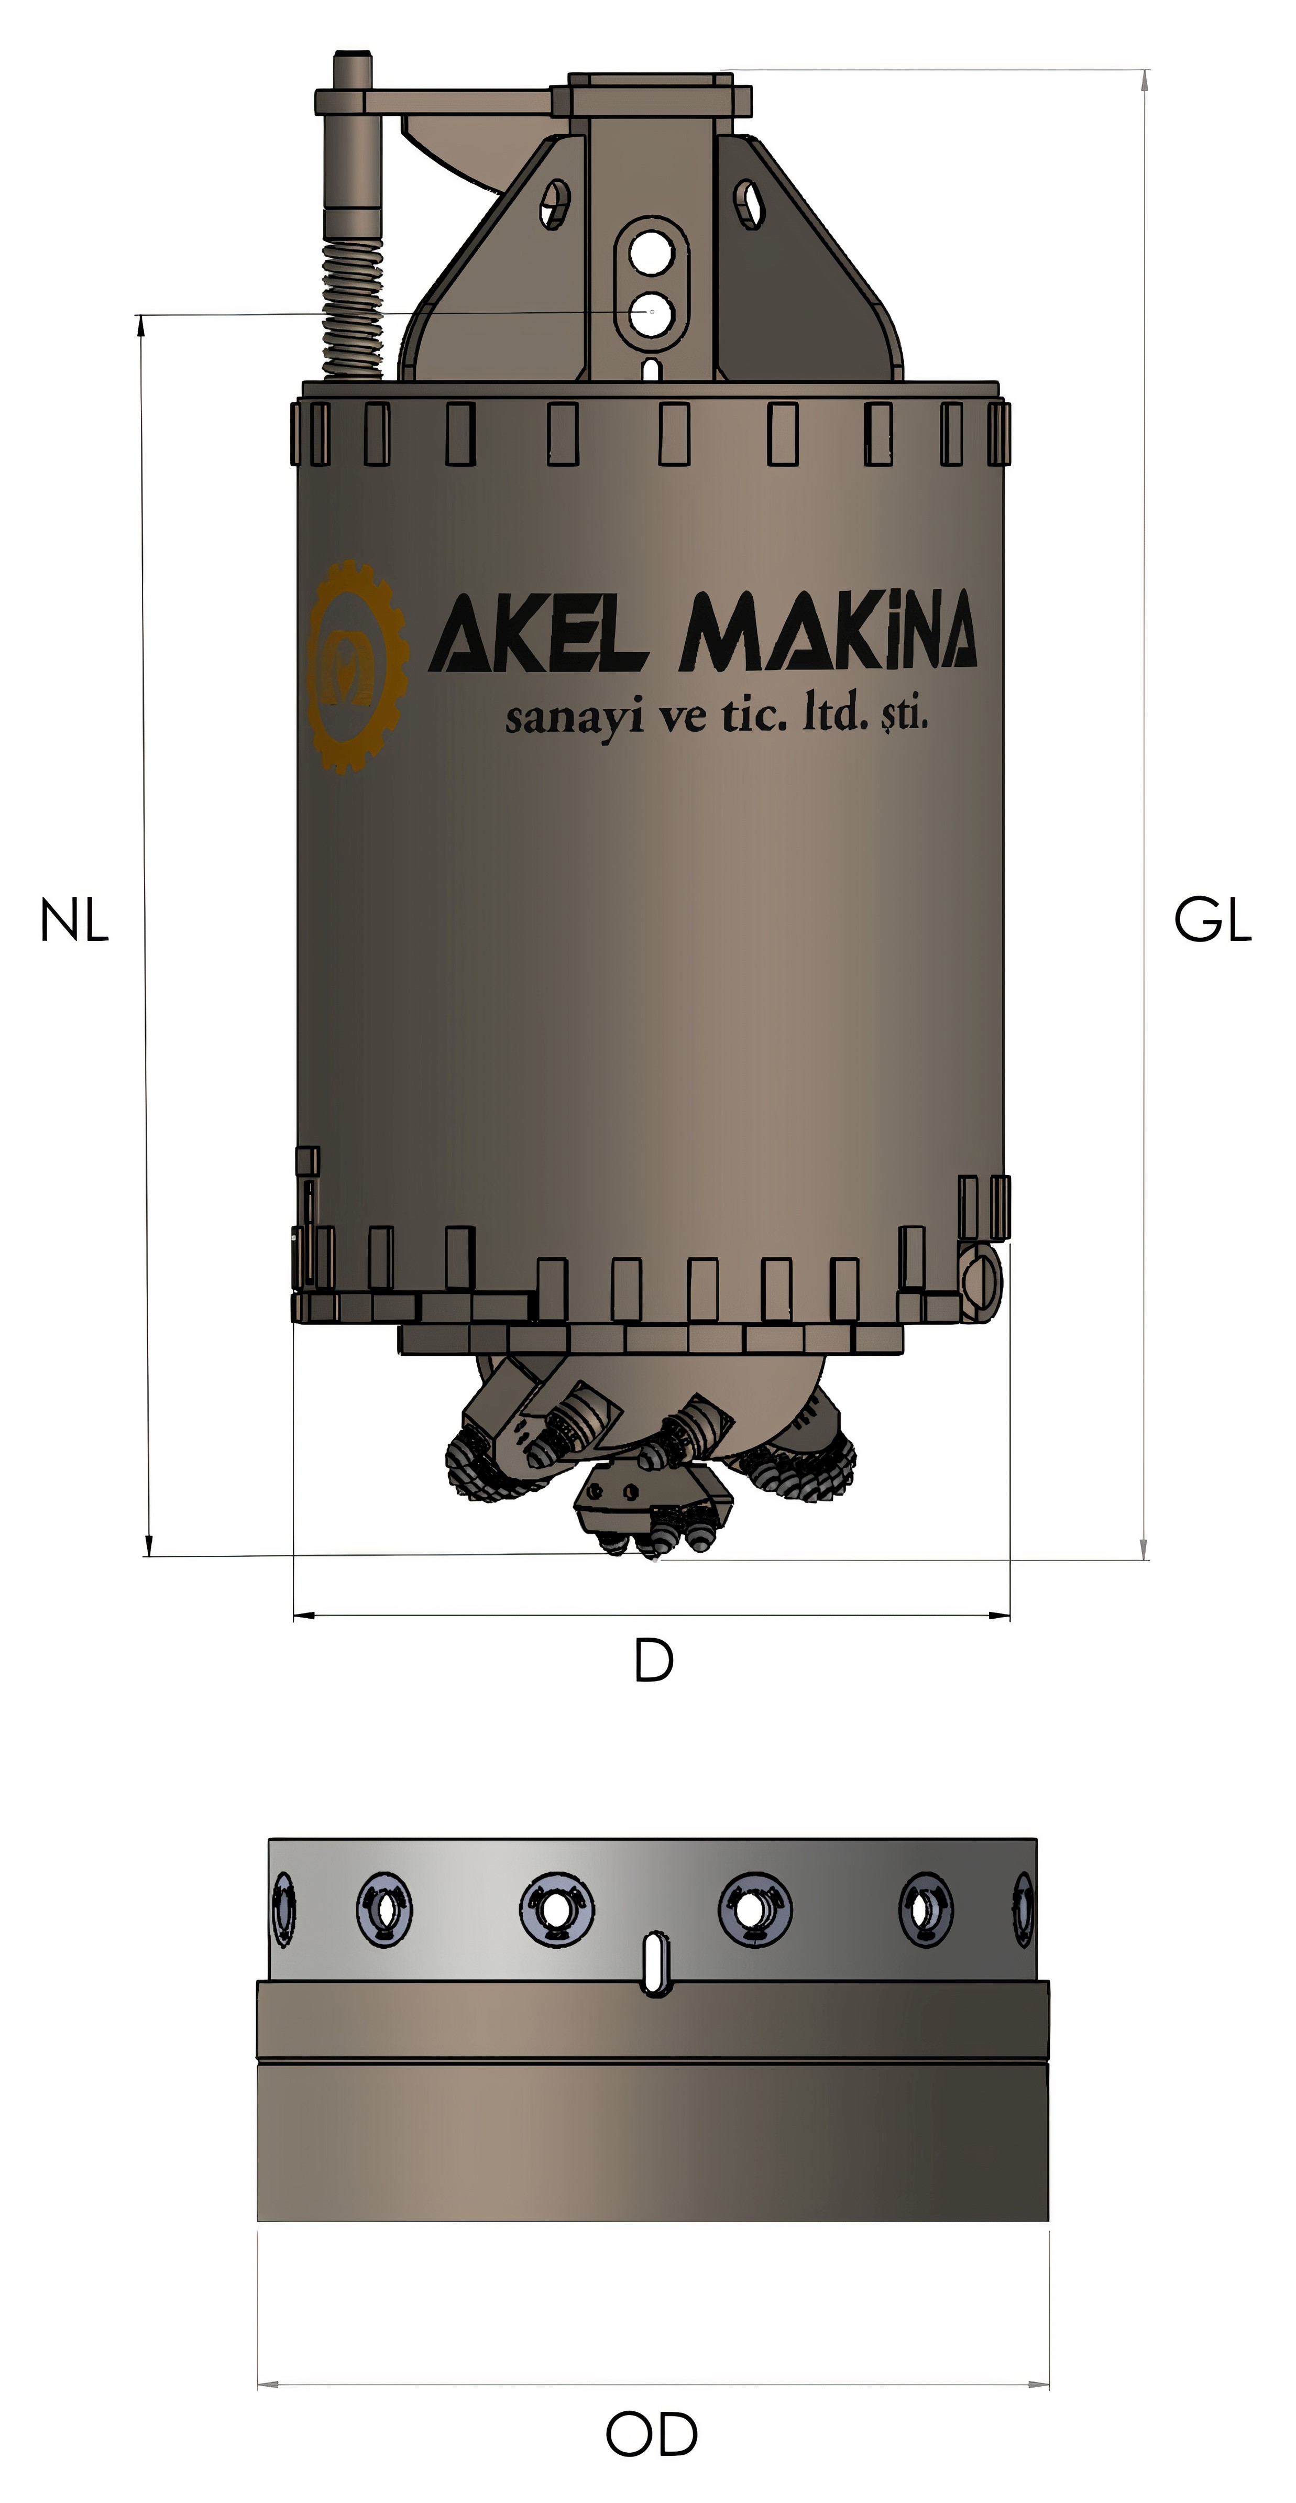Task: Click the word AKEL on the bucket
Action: pos(538,632)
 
